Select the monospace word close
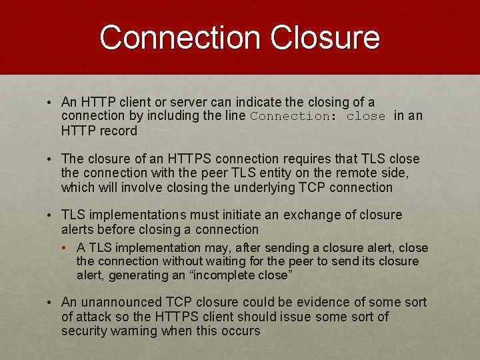click(x=366, y=117)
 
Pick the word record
click(x=119, y=131)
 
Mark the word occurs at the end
click(x=241, y=331)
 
